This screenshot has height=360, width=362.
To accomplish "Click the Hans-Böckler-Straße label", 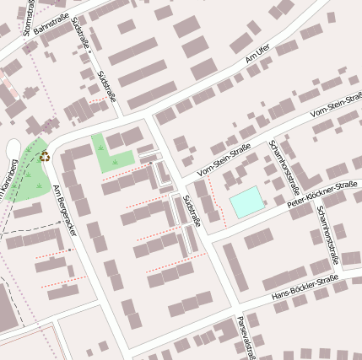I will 305,287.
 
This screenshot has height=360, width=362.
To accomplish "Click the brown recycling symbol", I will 44,156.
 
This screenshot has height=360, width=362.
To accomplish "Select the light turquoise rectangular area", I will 246,201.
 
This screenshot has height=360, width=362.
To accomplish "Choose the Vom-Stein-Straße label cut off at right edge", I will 337,105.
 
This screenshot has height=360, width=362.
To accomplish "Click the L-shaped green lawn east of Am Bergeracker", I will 111,154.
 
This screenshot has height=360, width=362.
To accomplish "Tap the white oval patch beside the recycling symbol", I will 13,150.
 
